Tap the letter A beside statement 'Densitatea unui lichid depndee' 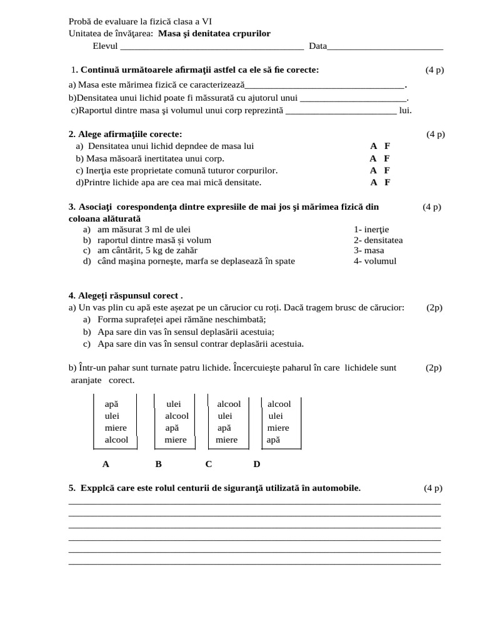click(x=373, y=146)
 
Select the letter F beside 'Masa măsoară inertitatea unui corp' click(x=387, y=158)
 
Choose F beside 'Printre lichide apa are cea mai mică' click(x=387, y=182)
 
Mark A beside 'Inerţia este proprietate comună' click(x=373, y=170)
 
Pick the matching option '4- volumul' click(x=375, y=261)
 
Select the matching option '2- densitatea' click(x=378, y=240)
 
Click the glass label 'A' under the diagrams click(x=106, y=464)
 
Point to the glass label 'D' click(x=257, y=464)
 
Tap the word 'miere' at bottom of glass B click(x=176, y=439)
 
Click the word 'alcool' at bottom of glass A click(x=116, y=439)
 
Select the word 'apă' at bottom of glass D click(x=273, y=439)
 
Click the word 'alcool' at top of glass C click(x=229, y=404)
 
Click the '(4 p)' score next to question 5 click(x=432, y=488)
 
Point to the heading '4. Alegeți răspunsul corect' click(x=126, y=295)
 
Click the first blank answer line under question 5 click(x=254, y=503)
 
